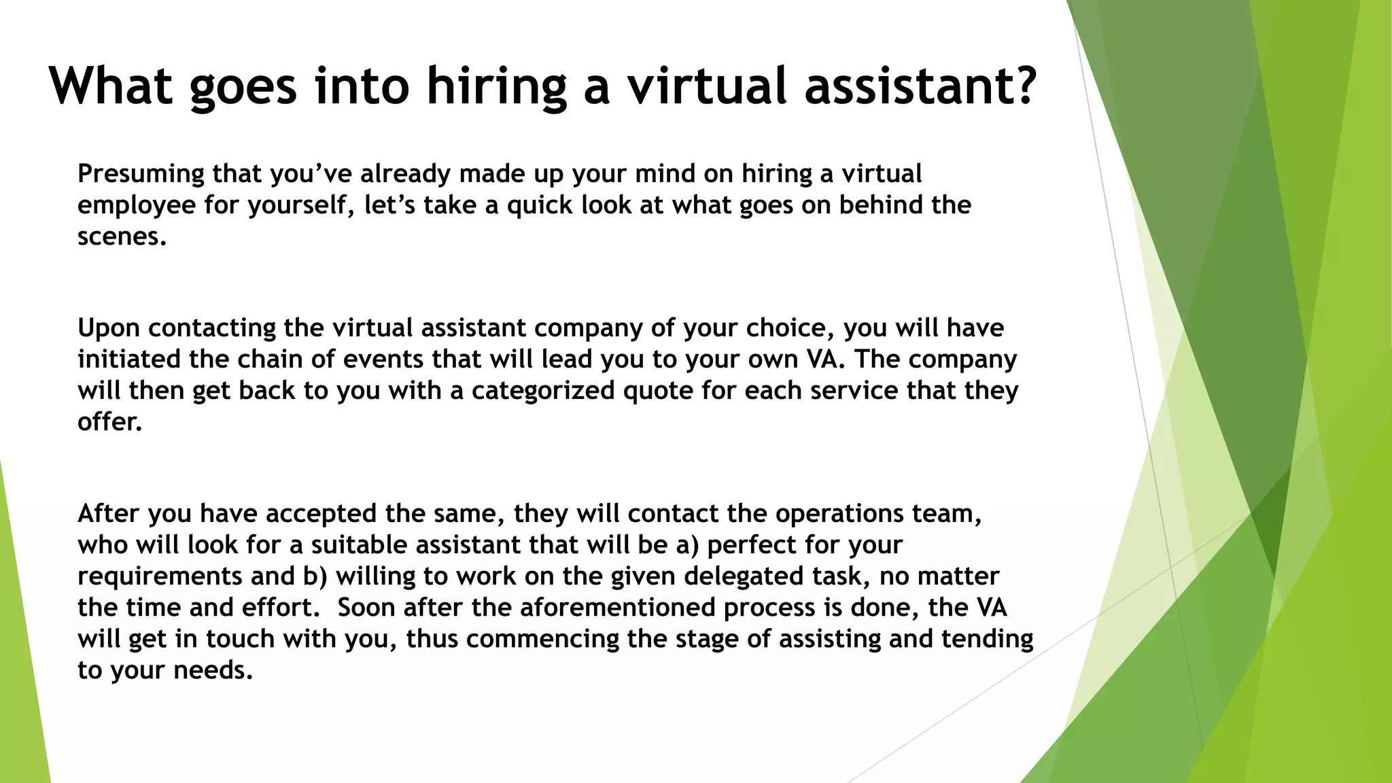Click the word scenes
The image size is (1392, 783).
122,237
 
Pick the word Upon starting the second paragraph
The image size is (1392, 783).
109,328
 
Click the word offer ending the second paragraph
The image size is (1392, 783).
109,422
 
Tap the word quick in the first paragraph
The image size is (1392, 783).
540,205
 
